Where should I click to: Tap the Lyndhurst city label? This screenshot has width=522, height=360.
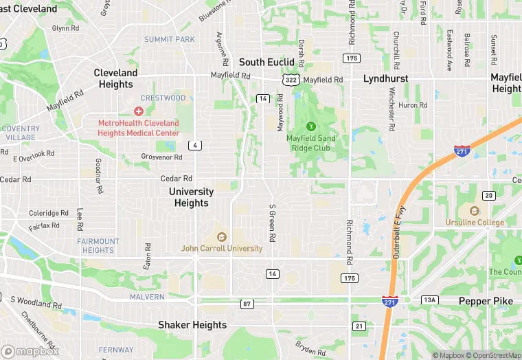[x=385, y=78]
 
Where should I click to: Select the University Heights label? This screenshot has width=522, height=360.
[x=191, y=197]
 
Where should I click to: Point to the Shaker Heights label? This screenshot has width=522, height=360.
[x=192, y=325]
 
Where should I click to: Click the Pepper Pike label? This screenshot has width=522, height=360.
[x=486, y=302]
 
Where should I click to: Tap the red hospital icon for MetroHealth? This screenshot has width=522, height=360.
[x=139, y=111]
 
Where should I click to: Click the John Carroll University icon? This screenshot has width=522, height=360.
[x=221, y=237]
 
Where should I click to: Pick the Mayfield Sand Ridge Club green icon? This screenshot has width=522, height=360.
[x=310, y=126]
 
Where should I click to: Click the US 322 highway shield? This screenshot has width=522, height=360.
[x=292, y=80]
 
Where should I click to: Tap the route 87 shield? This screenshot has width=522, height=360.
[x=247, y=303]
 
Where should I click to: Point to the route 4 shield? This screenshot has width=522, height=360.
[x=196, y=145]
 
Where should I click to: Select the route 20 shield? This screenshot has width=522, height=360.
[x=488, y=196]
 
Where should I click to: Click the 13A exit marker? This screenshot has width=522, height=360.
[x=429, y=300]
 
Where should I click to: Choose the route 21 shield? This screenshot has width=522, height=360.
[x=359, y=326]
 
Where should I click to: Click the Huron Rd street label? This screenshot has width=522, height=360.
[x=413, y=105]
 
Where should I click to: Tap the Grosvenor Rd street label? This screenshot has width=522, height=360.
[x=161, y=157]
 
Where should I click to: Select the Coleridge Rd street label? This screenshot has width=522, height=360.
[x=49, y=213]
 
